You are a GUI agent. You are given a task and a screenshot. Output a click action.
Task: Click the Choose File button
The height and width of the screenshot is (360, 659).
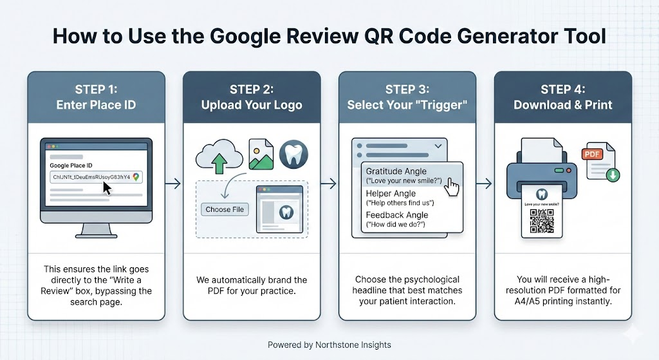tap(225, 209)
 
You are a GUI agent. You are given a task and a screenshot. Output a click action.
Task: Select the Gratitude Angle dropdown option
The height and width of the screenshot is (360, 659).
tap(405, 175)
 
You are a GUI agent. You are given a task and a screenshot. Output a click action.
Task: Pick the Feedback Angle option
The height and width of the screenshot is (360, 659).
tap(397, 219)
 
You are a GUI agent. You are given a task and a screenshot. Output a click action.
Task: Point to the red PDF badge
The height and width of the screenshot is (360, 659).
tap(591, 155)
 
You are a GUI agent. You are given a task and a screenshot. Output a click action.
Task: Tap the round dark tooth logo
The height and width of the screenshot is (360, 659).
tap(293, 155)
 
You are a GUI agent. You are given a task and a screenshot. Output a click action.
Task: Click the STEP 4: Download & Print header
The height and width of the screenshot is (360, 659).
tap(562, 97)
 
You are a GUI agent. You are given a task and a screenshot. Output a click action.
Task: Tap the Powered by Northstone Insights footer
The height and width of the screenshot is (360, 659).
tap(329, 345)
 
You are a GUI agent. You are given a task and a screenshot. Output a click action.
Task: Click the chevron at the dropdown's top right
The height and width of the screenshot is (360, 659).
tap(439, 147)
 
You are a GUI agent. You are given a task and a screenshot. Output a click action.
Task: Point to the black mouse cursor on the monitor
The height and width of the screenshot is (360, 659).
tap(107, 187)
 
